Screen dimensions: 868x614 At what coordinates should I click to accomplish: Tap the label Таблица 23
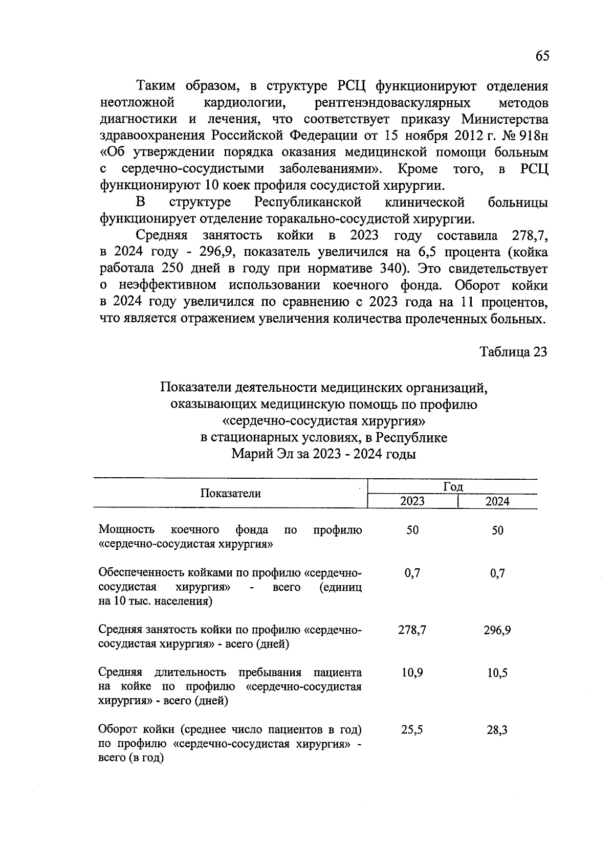point(513,352)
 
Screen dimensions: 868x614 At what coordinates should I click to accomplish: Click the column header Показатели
point(230,494)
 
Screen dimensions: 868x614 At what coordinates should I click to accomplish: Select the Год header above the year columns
point(453,487)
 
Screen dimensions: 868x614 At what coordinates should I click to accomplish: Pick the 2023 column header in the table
point(412,501)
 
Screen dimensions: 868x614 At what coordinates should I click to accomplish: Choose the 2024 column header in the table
point(497,501)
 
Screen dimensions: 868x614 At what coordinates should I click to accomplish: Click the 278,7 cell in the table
point(412,630)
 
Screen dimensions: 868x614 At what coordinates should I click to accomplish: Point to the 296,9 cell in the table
point(497,630)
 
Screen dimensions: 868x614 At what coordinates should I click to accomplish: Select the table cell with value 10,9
point(412,673)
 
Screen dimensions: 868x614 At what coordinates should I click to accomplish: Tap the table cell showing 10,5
point(497,673)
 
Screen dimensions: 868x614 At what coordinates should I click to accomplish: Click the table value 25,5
point(412,730)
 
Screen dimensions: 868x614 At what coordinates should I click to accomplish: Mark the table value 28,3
point(497,730)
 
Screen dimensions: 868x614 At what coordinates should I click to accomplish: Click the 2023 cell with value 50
point(412,530)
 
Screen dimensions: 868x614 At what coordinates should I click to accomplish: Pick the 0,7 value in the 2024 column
point(497,573)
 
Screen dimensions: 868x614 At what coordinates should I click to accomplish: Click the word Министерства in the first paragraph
point(505,120)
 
